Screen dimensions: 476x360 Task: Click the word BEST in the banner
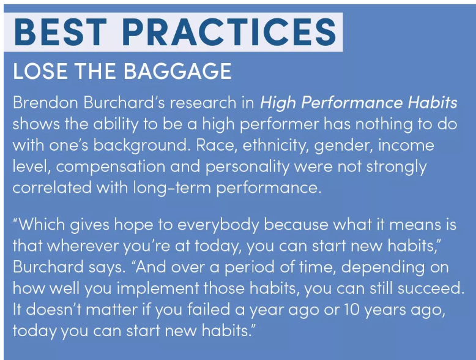pyautogui.click(x=60, y=32)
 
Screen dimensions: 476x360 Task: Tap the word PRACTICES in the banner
pyautogui.click(x=229, y=32)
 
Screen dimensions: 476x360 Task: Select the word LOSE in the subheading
pyautogui.click(x=40, y=71)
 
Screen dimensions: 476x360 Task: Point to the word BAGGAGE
pyautogui.click(x=177, y=71)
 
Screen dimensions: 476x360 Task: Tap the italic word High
pyautogui.click(x=278, y=103)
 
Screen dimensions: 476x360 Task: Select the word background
pyautogui.click(x=141, y=145)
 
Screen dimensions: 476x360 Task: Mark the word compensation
pyautogui.click(x=110, y=167)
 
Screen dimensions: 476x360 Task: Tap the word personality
pyautogui.click(x=247, y=167)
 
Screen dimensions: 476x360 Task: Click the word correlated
pyautogui.click(x=52, y=187)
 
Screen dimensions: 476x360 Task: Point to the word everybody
pyautogui.click(x=218, y=225)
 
